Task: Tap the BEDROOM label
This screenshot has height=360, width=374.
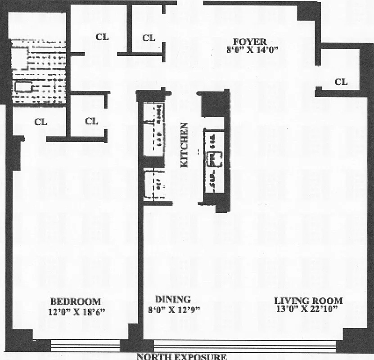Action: point(75,301)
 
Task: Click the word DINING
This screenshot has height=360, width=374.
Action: point(172,299)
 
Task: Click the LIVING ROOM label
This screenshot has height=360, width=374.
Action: point(309,301)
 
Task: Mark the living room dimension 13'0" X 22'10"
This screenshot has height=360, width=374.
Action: point(309,309)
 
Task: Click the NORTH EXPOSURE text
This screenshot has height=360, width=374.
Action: point(181,357)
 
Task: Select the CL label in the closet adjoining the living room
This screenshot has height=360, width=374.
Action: point(341,82)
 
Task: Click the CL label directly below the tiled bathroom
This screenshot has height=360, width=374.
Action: point(41,121)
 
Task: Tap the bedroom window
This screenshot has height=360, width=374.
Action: point(85,346)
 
